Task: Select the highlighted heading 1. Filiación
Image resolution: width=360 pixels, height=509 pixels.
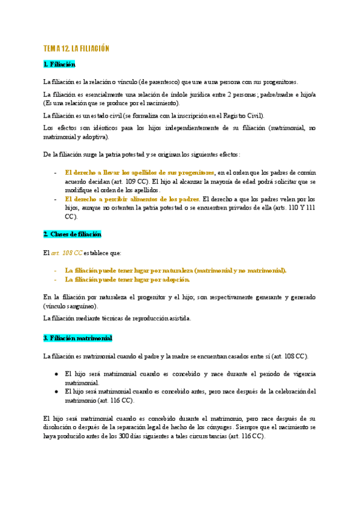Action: [59, 64]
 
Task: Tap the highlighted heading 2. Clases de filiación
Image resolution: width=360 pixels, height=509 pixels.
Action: [72, 233]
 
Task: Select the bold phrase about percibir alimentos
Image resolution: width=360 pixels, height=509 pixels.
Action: [132, 199]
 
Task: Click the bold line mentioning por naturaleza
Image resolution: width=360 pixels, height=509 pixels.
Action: [176, 270]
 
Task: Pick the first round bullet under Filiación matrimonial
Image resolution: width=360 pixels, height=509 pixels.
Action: [56, 373]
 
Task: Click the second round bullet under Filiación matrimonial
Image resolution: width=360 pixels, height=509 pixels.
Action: [56, 391]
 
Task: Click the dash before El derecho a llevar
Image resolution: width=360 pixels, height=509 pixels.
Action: [55, 172]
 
